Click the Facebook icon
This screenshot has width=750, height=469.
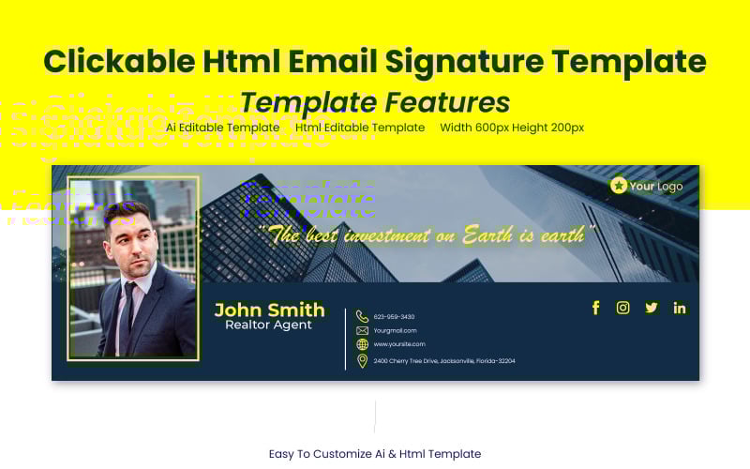[595, 308]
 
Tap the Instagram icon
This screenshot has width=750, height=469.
[622, 308]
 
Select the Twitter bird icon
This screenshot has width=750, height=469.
[651, 308]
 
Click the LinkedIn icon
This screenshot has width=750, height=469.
[680, 308]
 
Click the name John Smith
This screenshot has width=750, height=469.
[269, 310]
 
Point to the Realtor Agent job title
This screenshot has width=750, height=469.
[269, 325]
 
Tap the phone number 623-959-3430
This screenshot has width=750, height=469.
[394, 317]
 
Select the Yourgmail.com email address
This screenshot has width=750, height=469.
[396, 330]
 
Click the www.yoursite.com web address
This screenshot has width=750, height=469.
[399, 344]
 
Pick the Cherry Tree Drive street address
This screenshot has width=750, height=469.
[444, 361]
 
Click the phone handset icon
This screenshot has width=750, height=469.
[362, 316]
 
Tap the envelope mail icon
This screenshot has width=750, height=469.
[362, 330]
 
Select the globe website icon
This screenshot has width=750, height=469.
[362, 344]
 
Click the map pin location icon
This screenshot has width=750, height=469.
[362, 361]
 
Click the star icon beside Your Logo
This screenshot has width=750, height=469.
[619, 186]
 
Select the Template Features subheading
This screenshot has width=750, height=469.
[375, 101]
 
